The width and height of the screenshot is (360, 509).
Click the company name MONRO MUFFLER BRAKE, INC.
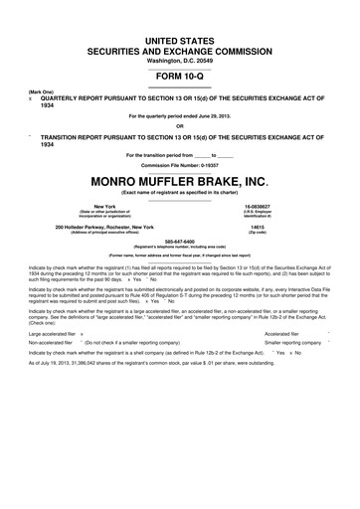(180, 182)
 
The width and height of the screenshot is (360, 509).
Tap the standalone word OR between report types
(180, 125)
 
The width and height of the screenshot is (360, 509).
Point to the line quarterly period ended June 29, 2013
(180, 114)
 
